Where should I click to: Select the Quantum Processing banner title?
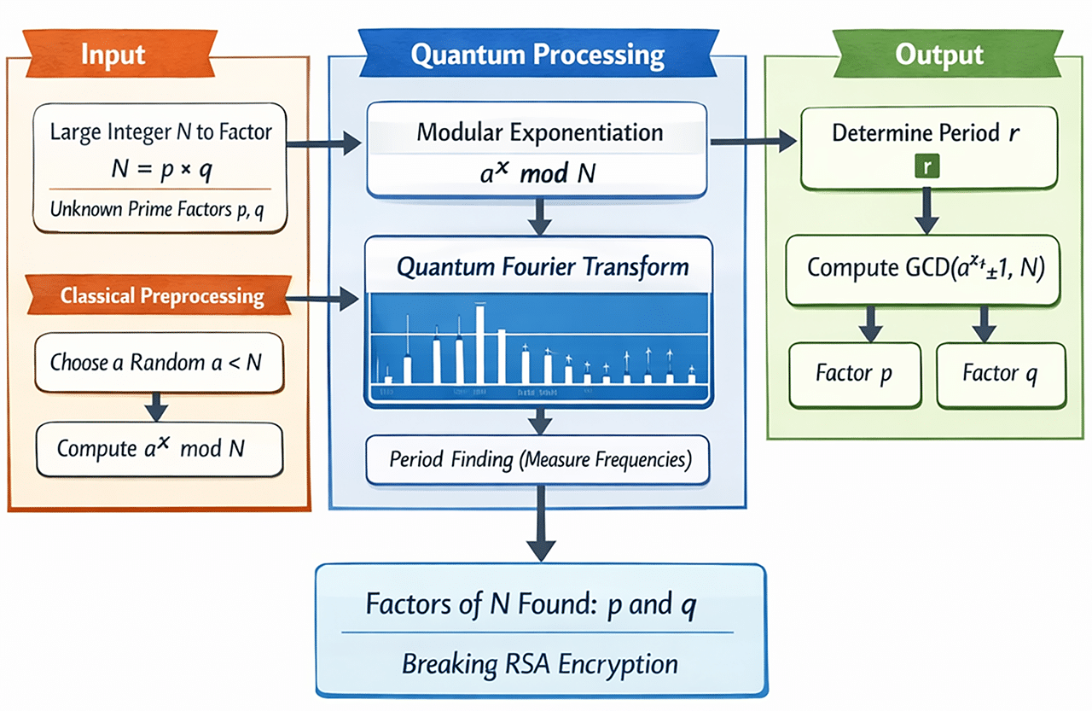pyautogui.click(x=537, y=55)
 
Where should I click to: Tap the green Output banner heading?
pyautogui.click(x=938, y=55)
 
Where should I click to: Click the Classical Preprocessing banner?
pyautogui.click(x=162, y=296)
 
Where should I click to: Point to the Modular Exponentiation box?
pyautogui.click(x=537, y=150)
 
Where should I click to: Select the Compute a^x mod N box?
pyautogui.click(x=159, y=448)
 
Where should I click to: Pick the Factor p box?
pyautogui.click(x=854, y=374)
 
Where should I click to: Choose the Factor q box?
pyautogui.click(x=1002, y=374)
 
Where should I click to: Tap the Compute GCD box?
pyautogui.click(x=921, y=268)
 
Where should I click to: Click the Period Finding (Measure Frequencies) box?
pyautogui.click(x=537, y=459)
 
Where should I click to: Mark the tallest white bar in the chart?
pyautogui.click(x=479, y=343)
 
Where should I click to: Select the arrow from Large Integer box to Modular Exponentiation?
pyautogui.click(x=322, y=145)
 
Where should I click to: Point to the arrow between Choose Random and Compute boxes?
pyautogui.click(x=155, y=406)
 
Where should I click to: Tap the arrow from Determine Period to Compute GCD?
pyautogui.click(x=925, y=211)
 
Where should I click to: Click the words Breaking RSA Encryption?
pyautogui.click(x=539, y=663)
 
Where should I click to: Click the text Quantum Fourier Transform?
pyautogui.click(x=543, y=267)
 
